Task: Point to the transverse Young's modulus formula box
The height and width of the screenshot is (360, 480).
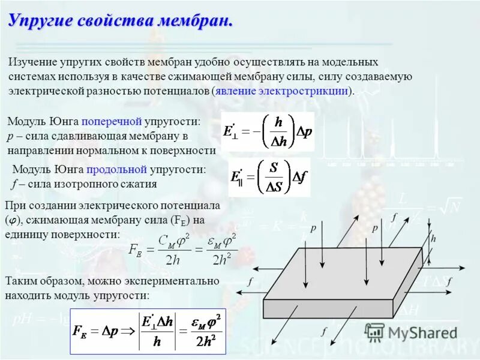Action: [268, 131]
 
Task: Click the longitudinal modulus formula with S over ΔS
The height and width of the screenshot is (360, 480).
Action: [269, 177]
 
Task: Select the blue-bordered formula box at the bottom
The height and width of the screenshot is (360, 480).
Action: [148, 331]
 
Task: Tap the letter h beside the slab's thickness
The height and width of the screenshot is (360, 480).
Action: [433, 238]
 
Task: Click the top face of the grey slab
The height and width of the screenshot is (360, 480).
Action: [348, 265]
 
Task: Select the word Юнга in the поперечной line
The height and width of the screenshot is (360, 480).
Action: [65, 122]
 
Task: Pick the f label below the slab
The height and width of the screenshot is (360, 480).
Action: [323, 331]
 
